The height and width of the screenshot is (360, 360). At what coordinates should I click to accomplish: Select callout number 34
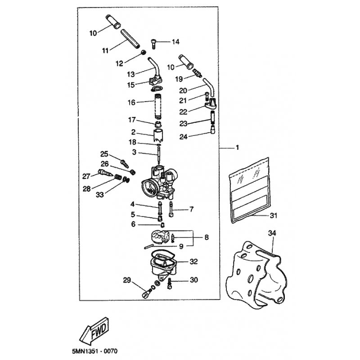(272, 233)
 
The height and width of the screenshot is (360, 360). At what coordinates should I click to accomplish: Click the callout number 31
(274, 216)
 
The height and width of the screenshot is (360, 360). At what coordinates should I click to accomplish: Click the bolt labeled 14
(155, 43)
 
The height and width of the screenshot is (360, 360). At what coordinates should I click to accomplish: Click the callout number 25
(104, 153)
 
